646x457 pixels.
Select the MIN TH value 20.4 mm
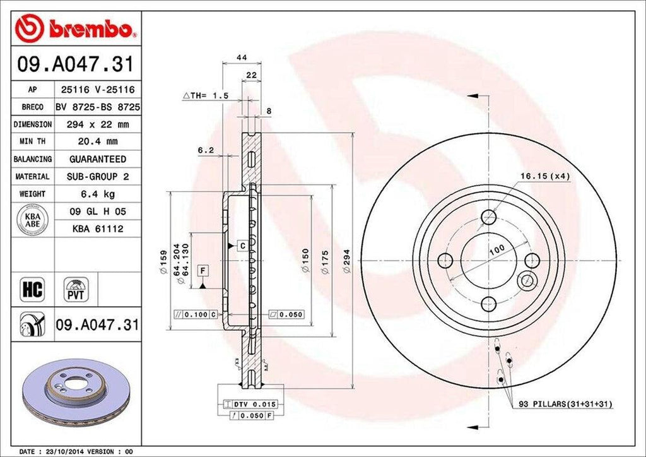click(97, 142)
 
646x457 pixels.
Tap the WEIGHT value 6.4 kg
click(97, 194)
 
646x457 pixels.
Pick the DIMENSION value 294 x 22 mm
click(97, 124)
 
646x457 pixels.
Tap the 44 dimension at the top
click(240, 57)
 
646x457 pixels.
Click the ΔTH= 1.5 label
click(205, 95)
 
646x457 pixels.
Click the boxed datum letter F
click(203, 271)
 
